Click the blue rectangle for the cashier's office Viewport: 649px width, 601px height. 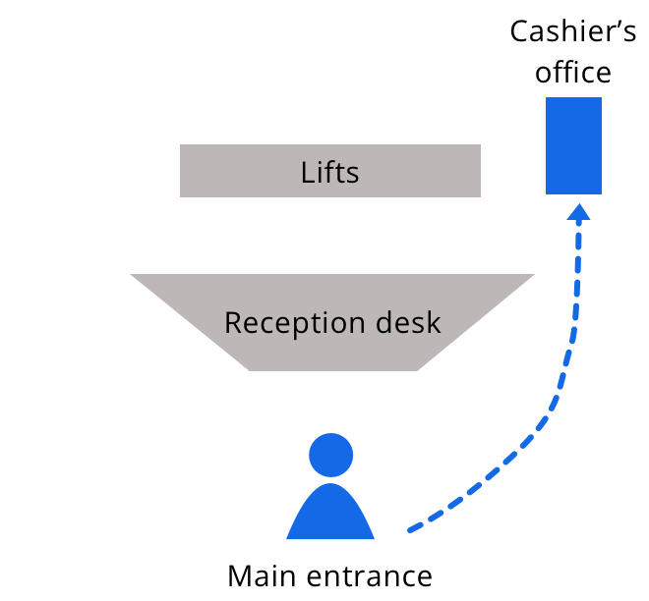pos(573,145)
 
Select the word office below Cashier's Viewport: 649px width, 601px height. pos(574,73)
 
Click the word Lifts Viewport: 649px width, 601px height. pos(329,173)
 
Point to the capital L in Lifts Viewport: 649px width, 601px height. pos(307,173)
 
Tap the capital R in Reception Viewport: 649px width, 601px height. pos(233,322)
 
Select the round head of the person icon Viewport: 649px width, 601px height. pos(330,455)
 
